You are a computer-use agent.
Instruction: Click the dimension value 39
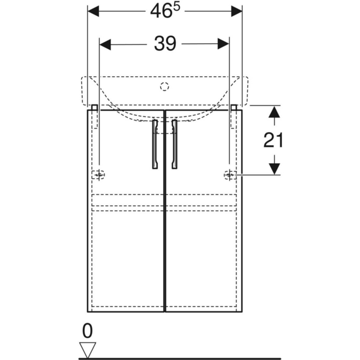pyautogui.click(x=165, y=43)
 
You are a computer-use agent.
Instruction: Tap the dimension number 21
pyautogui.click(x=273, y=140)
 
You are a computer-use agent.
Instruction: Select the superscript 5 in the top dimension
pyautogui.click(x=176, y=8)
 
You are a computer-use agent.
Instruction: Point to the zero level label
pyautogui.click(x=87, y=331)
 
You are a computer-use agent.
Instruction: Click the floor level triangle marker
pyautogui.click(x=88, y=350)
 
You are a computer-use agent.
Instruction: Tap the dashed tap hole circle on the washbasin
pyautogui.click(x=164, y=86)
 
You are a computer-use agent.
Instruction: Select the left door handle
pyautogui.click(x=155, y=144)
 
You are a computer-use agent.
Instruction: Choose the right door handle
pyautogui.click(x=174, y=144)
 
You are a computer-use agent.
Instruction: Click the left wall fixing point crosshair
pyautogui.click(x=99, y=175)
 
